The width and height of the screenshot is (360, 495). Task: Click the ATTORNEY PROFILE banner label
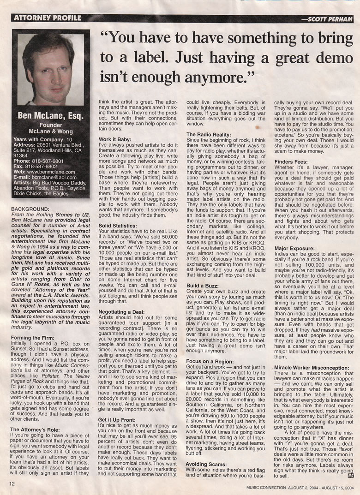pyautogui.click(x=48, y=18)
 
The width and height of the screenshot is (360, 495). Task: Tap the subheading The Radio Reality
pyautogui.click(x=209, y=134)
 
